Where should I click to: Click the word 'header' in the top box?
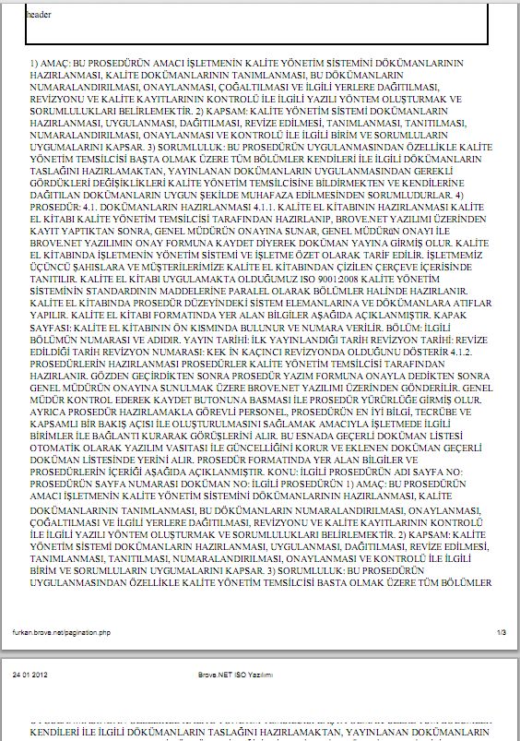point(40,16)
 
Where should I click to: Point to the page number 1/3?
point(502,632)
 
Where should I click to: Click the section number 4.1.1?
point(260,208)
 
